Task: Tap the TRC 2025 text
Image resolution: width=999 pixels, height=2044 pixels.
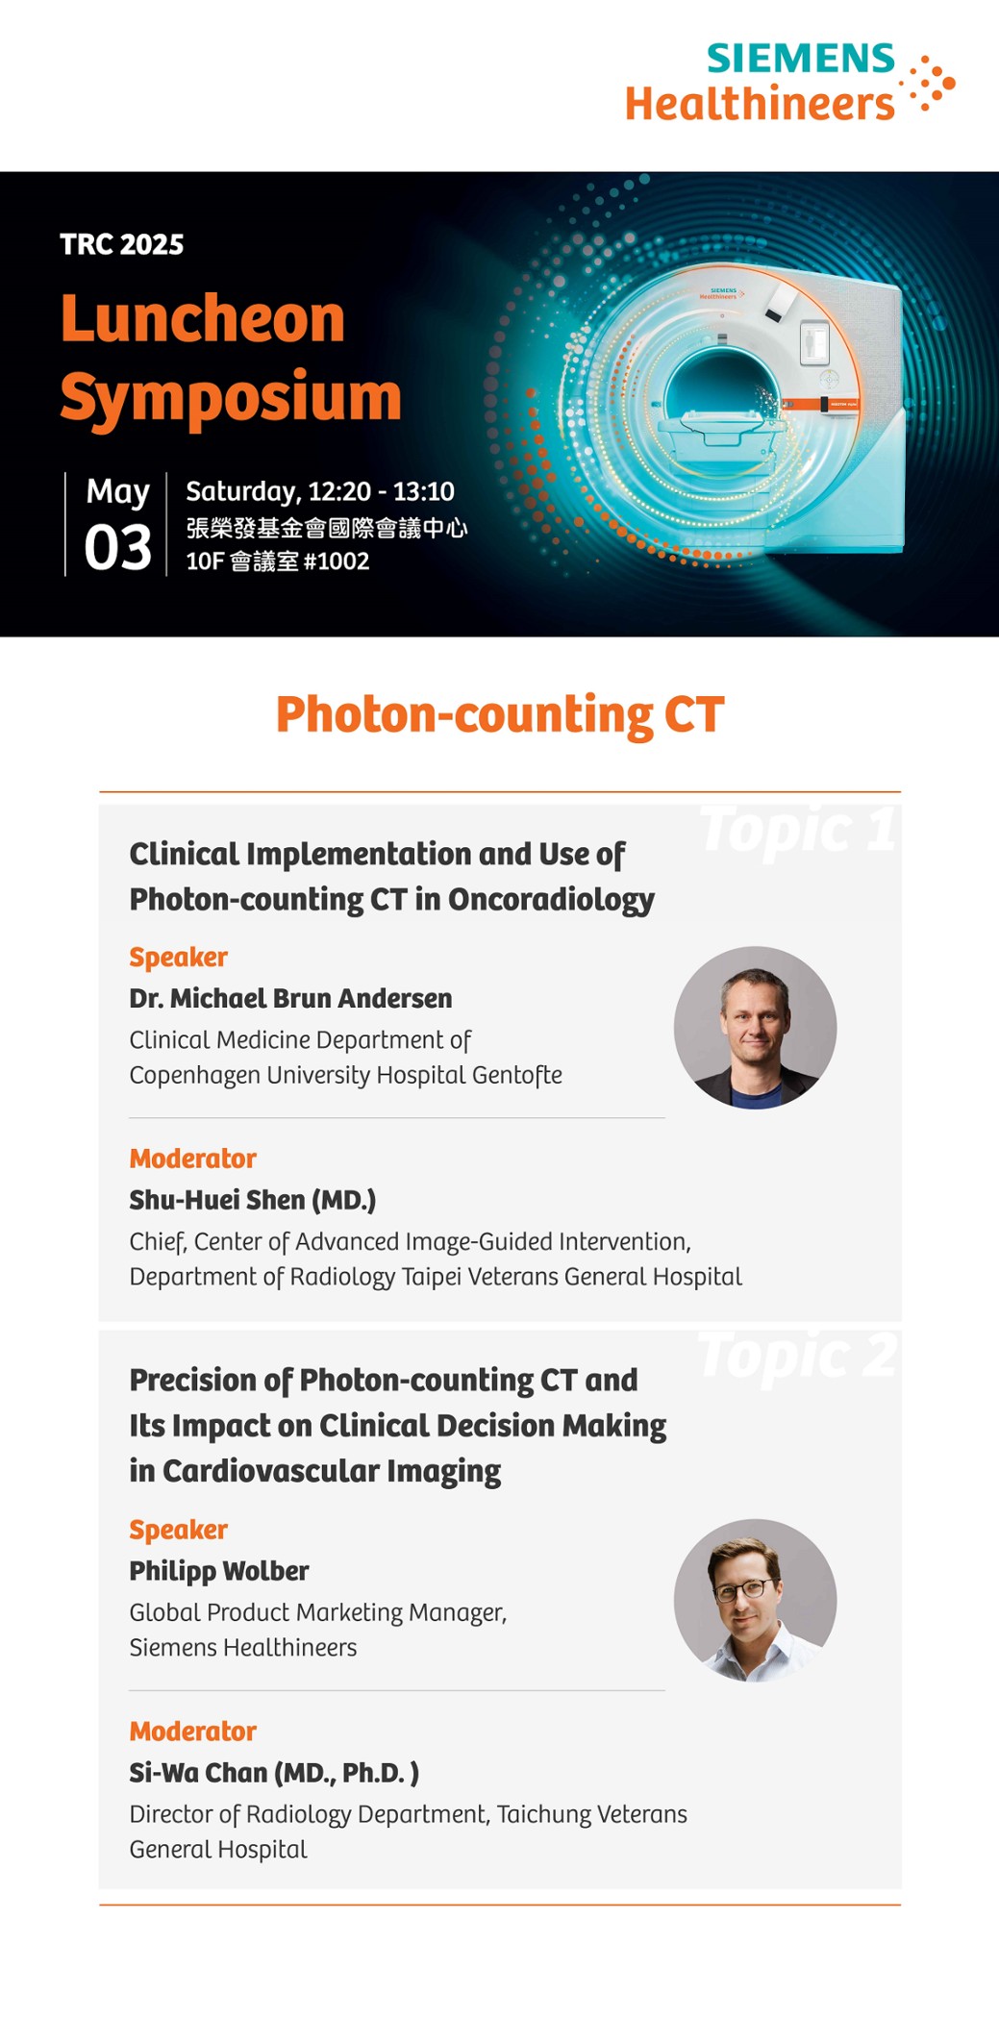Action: [x=121, y=244]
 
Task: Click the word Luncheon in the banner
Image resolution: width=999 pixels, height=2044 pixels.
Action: [x=203, y=318]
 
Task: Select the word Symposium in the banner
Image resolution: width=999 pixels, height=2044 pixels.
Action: [x=231, y=397]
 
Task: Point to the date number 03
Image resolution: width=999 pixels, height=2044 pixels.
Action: [x=117, y=547]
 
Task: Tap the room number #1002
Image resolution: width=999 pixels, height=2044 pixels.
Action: [x=336, y=561]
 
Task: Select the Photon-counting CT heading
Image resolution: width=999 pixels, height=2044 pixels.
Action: [x=500, y=714]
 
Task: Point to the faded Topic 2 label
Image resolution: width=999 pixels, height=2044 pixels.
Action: [x=797, y=1355]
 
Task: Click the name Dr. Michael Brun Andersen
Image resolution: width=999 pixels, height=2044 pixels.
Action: [x=290, y=998]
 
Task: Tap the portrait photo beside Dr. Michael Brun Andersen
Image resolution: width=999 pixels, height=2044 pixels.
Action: [x=755, y=1027]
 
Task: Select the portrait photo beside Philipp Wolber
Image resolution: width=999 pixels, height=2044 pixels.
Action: [x=755, y=1600]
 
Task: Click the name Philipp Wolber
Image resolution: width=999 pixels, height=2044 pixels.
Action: [x=219, y=1571]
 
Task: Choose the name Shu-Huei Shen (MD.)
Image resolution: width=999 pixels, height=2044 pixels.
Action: [x=253, y=1200]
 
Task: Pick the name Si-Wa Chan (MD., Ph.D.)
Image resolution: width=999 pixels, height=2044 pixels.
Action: [x=274, y=1773]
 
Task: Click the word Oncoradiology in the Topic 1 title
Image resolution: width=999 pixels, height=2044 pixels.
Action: [x=551, y=899]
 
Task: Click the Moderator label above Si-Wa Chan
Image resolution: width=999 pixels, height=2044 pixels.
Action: [x=192, y=1732]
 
